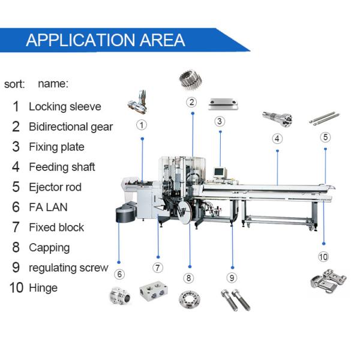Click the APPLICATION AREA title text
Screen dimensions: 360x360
point(106,40)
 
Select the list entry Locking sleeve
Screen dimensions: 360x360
point(65,107)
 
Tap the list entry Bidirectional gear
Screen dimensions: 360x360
point(70,127)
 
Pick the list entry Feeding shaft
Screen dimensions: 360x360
point(62,167)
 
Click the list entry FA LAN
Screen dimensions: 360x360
point(48,207)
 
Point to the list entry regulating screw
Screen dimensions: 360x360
point(68,268)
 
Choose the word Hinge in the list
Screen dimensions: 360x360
point(43,288)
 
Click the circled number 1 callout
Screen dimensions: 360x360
point(142,125)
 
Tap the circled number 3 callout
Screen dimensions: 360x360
point(220,121)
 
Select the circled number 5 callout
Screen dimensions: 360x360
point(325,137)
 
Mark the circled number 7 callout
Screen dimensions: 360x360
point(158,268)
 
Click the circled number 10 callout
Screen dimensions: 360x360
point(324,257)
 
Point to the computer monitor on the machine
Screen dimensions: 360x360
point(218,173)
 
